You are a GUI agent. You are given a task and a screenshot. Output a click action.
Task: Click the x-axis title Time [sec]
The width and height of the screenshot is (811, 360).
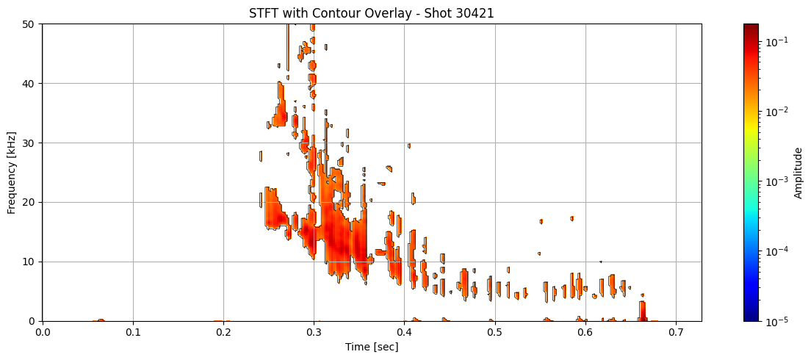372,347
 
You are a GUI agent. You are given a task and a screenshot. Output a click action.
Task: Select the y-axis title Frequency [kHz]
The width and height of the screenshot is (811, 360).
11,172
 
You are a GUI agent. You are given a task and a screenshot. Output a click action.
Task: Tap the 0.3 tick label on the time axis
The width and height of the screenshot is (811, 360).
314,332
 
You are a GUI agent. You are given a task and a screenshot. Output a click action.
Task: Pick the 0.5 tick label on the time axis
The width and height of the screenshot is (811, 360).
494,332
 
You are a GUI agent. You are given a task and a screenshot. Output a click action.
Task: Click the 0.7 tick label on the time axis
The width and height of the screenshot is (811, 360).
675,332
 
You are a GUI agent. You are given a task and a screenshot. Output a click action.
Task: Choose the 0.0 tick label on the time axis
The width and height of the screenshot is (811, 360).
43,332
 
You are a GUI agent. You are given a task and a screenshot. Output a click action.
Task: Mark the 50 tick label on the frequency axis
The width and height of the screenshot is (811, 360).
29,24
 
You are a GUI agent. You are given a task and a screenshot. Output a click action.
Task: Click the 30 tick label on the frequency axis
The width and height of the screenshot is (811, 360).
29,143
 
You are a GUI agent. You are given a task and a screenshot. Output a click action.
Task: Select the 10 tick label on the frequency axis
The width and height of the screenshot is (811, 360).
29,262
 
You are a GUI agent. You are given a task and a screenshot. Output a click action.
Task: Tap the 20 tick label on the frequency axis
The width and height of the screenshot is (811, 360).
29,202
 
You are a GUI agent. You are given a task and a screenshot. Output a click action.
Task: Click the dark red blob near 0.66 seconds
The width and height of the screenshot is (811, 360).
643,312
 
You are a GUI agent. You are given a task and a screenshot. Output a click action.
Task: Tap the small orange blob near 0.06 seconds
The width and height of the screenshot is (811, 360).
101,320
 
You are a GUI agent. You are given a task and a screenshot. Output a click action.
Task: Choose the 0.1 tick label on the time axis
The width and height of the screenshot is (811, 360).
133,332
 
